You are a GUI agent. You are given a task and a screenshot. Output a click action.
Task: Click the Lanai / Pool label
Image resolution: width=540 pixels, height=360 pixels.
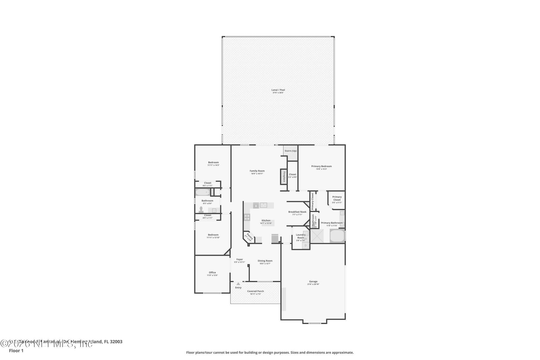pyautogui.click(x=278, y=90)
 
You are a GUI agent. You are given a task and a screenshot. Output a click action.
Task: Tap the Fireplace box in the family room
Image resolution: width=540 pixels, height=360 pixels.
pyautogui.click(x=283, y=177)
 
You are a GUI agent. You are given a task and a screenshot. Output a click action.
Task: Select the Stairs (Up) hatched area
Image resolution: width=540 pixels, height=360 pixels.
pyautogui.click(x=290, y=151)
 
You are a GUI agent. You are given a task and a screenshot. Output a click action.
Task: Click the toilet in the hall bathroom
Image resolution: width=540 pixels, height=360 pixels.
pyautogui.click(x=201, y=210)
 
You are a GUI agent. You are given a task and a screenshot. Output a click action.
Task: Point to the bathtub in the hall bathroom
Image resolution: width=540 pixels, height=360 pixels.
pyautogui.click(x=202, y=192)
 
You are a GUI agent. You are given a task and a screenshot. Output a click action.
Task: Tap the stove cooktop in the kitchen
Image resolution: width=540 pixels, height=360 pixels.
pyautogui.click(x=247, y=217)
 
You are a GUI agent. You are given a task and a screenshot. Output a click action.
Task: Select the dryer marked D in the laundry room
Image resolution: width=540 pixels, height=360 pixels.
pyautogui.click(x=305, y=246)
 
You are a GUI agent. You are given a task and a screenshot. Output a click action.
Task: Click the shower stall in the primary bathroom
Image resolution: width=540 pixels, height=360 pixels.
pyautogui.click(x=317, y=236)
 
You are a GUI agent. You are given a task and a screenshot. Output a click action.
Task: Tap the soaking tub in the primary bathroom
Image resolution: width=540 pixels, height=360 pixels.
pyautogui.click(x=337, y=236)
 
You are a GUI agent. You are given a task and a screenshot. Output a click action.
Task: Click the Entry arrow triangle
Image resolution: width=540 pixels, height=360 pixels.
pyautogui.click(x=238, y=284)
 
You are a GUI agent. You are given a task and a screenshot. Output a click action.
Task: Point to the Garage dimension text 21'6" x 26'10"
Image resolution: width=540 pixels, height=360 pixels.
pyautogui.click(x=313, y=284)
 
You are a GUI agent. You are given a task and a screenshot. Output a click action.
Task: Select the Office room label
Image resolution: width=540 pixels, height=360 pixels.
pyautogui.click(x=212, y=272)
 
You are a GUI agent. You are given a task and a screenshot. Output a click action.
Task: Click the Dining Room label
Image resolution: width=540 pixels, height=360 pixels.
pyautogui.click(x=265, y=261)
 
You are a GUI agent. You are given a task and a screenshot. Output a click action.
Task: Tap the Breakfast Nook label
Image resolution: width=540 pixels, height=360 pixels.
pyautogui.click(x=297, y=212)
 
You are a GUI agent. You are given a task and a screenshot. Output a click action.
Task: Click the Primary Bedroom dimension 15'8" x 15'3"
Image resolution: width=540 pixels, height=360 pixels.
pyautogui.click(x=321, y=169)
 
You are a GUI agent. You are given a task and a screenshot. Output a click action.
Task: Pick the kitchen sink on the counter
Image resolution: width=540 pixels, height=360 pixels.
pyautogui.click(x=263, y=205)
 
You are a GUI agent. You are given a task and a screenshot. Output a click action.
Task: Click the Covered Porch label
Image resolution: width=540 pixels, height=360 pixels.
pyautogui.click(x=255, y=291)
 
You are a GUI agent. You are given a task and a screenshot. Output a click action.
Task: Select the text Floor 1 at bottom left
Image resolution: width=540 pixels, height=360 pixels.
pyautogui.click(x=16, y=351)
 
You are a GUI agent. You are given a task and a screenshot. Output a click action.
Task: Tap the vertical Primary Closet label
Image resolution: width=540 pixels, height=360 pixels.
pyautogui.click(x=312, y=201)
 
